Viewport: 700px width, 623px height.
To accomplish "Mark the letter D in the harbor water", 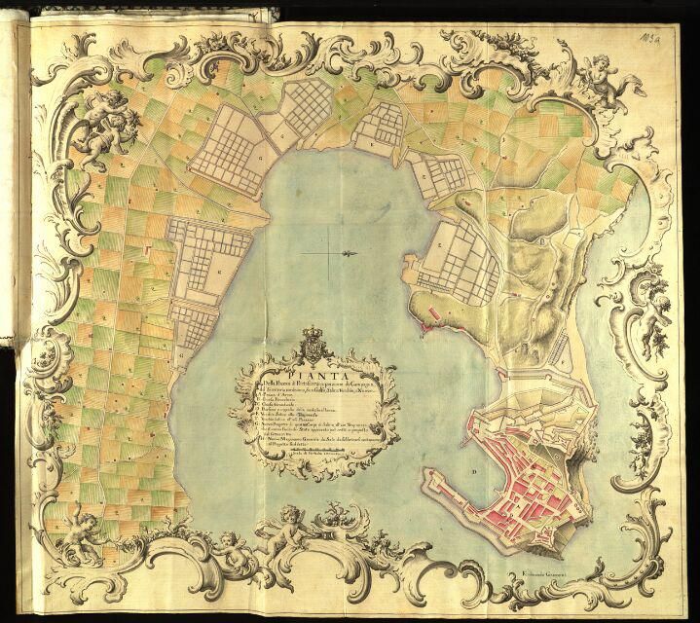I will pyautogui.click(x=474, y=474).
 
